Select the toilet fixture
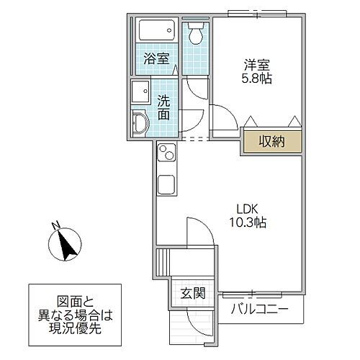[194, 33]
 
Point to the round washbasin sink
[139, 125]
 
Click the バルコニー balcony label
[259, 310]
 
